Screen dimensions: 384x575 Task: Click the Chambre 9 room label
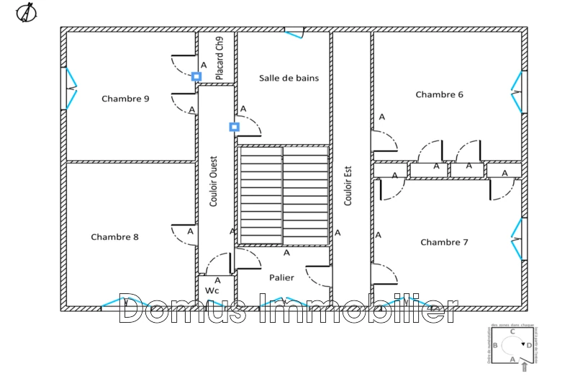[125, 99]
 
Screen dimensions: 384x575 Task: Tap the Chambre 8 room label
[114, 237]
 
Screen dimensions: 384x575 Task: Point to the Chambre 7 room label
[444, 242]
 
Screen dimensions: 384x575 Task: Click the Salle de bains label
[289, 78]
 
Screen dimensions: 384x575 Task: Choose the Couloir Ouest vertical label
[214, 183]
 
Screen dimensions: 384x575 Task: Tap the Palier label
[281, 277]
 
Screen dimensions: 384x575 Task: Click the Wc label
[212, 290]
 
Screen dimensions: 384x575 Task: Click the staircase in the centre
[284, 195]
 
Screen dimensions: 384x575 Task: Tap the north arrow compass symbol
[27, 12]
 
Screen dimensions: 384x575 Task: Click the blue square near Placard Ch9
[196, 76]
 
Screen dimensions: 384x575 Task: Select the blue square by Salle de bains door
[234, 127]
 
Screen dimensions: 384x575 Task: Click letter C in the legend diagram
[512, 332]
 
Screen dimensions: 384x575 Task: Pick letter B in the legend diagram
[494, 346]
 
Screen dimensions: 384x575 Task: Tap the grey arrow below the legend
[524, 367]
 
